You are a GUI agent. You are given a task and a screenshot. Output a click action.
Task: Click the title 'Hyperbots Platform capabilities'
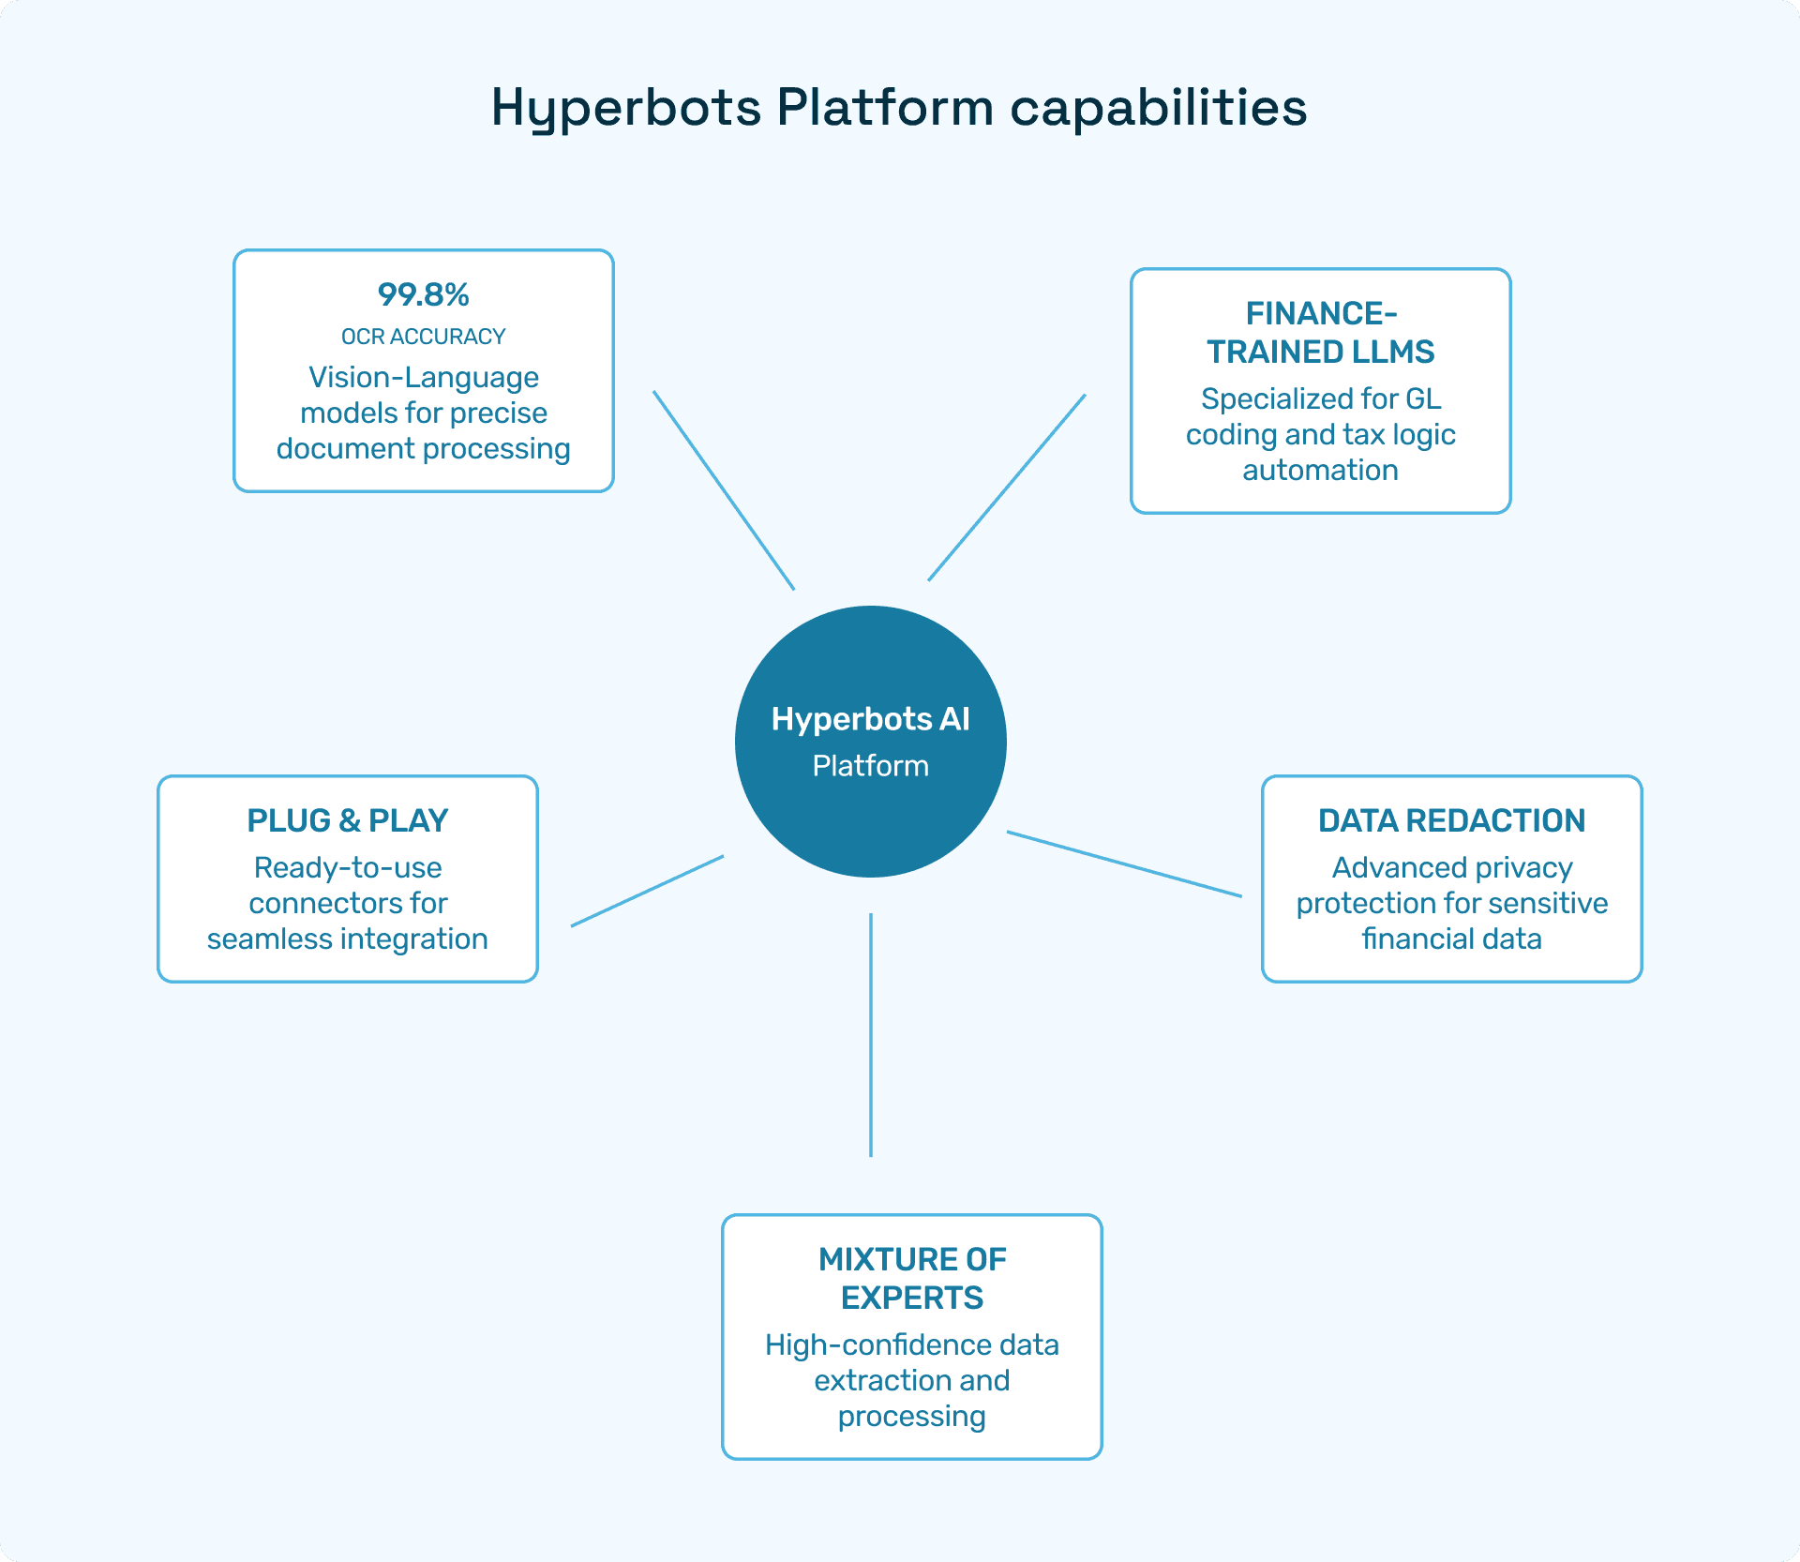[898, 107]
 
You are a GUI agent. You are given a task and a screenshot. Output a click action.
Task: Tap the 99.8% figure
[423, 294]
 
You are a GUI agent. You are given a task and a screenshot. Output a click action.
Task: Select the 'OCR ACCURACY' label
[423, 337]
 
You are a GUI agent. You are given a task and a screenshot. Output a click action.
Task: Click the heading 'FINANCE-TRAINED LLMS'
[1320, 332]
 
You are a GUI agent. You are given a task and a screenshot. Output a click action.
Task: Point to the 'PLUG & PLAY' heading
[348, 820]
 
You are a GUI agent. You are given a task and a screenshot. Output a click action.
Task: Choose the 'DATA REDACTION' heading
[1451, 820]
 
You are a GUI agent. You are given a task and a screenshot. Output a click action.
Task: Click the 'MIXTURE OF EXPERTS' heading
[911, 1278]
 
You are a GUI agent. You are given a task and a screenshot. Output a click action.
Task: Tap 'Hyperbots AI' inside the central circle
[870, 719]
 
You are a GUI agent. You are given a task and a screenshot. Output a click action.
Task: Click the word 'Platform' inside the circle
[870, 766]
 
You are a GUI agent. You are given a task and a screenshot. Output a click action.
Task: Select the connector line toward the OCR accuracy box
[724, 490]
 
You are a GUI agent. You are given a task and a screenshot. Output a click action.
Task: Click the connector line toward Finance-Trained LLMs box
[1007, 488]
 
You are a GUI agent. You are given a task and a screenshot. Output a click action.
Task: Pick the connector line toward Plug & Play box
[647, 891]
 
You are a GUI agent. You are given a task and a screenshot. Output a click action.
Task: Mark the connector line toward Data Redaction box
[1124, 864]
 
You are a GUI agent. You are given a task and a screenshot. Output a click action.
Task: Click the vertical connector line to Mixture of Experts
[871, 1034]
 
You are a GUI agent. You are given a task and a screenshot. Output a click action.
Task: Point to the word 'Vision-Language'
[423, 377]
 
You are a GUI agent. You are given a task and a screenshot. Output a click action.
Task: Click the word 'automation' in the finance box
[1320, 470]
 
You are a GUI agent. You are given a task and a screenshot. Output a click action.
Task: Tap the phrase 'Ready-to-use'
[348, 867]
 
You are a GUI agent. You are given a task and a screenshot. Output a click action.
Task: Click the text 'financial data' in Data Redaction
[1451, 939]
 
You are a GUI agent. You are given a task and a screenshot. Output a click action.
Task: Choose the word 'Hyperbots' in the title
[625, 107]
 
